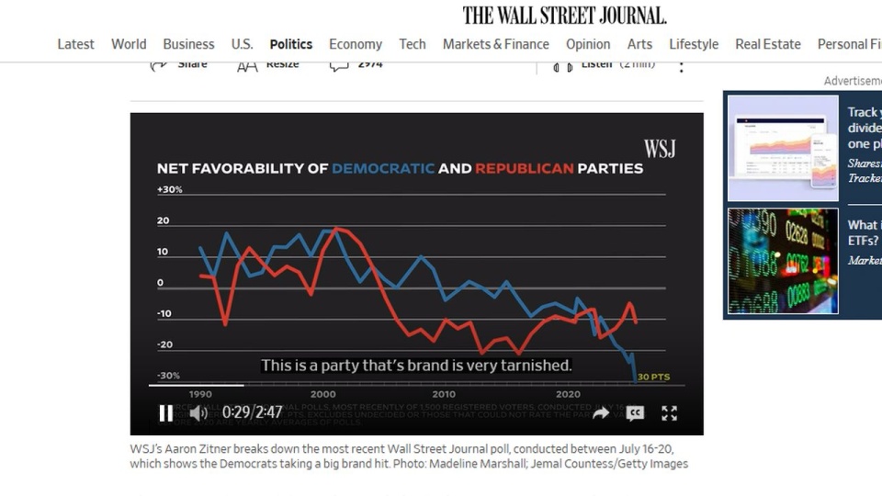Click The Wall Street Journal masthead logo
click(x=564, y=15)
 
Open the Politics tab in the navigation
click(x=290, y=44)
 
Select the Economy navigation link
click(x=356, y=44)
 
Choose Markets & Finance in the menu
click(x=495, y=44)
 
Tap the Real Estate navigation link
click(x=767, y=44)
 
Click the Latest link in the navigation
click(x=75, y=44)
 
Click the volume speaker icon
click(x=198, y=412)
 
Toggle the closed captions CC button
click(x=635, y=413)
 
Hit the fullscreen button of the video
click(x=670, y=413)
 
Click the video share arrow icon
click(x=601, y=413)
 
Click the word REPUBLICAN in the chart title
click(x=524, y=169)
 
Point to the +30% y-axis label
click(x=170, y=189)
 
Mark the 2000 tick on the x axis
click(x=323, y=393)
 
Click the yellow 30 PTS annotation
click(x=654, y=378)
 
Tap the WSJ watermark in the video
click(x=659, y=149)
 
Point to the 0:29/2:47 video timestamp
click(x=253, y=412)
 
